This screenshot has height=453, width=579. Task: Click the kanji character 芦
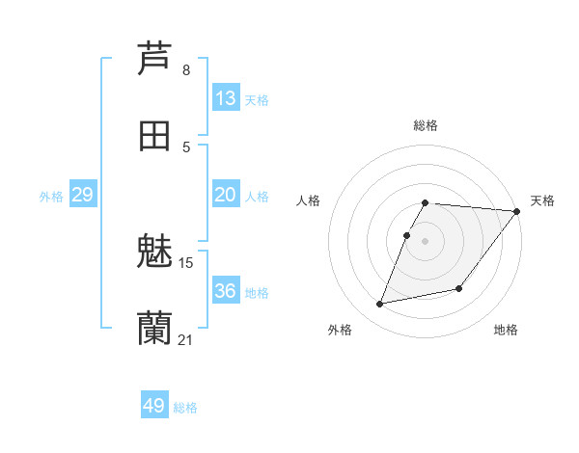coord(154,58)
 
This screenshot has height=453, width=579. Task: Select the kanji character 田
coord(154,135)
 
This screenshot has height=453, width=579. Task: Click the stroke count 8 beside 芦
coord(186,70)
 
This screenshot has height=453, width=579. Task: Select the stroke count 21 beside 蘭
coord(186,339)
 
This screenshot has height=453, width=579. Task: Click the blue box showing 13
coord(226,98)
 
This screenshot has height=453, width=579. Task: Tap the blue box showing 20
coord(226,195)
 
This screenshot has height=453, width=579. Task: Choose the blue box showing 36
coord(226,291)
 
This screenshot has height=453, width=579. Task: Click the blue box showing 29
coord(82,195)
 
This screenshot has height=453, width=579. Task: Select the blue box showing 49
coord(154,406)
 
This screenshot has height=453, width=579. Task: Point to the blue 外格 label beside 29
coord(51,197)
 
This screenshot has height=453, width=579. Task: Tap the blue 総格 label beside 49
coord(185,408)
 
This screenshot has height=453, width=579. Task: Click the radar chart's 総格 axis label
coord(426,125)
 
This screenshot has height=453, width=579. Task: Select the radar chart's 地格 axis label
coord(506,331)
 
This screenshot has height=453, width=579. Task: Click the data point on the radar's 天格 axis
coord(516,211)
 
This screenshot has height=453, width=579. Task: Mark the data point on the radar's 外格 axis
coord(380,304)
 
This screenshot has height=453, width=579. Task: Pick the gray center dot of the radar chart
coord(426,240)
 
